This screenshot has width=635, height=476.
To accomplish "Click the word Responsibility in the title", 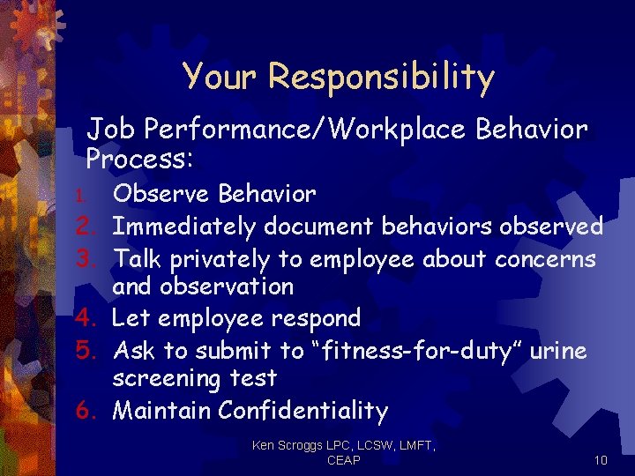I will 381,77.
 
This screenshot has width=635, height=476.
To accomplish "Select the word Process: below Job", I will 139,160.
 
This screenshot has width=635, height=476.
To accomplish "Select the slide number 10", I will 601,460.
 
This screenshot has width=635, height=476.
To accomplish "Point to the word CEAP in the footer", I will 342,460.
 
